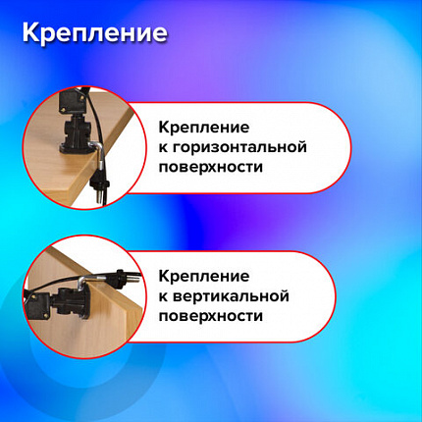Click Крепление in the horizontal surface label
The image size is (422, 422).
pyautogui.click(x=204, y=128)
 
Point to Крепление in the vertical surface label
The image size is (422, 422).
pyautogui.click(x=204, y=276)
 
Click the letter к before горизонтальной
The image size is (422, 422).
pyautogui.click(x=163, y=147)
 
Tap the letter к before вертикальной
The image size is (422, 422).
pyautogui.click(x=163, y=295)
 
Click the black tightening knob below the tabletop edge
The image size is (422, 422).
pyautogui.click(x=97, y=183)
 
